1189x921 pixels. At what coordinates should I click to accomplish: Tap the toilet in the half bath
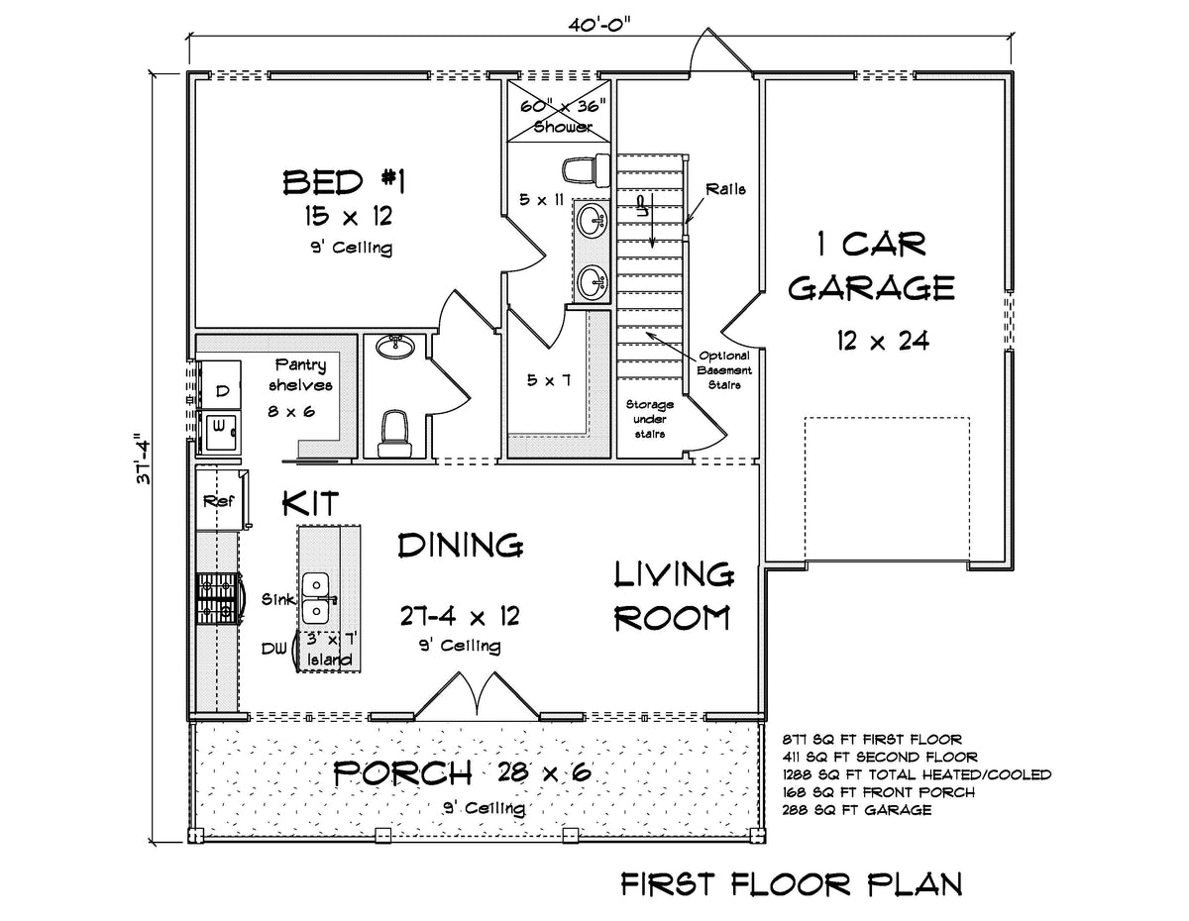pyautogui.click(x=395, y=430)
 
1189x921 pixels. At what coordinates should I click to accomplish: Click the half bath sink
pyautogui.click(x=396, y=347)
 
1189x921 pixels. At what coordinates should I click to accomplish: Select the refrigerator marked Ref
pyautogui.click(x=218, y=501)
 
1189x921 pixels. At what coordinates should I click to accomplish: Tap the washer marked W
pyautogui.click(x=220, y=427)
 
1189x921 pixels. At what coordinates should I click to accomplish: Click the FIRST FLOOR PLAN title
pyautogui.click(x=790, y=883)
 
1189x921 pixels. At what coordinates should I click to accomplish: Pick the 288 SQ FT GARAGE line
pyautogui.click(x=856, y=810)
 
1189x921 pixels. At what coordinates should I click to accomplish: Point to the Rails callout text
pyautogui.click(x=727, y=189)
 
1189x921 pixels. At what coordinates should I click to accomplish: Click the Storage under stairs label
pyautogui.click(x=649, y=419)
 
